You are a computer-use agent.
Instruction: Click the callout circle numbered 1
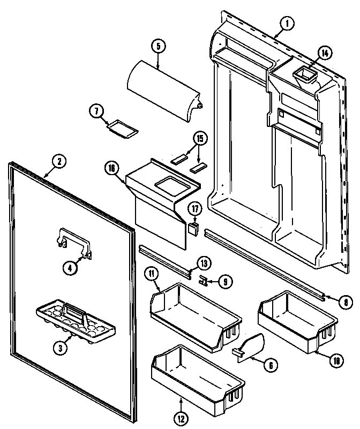[x=287, y=24]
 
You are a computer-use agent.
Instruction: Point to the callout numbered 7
[x=96, y=111]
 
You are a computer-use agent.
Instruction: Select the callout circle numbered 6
[x=271, y=365]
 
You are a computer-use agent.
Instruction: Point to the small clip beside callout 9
[x=203, y=279]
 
